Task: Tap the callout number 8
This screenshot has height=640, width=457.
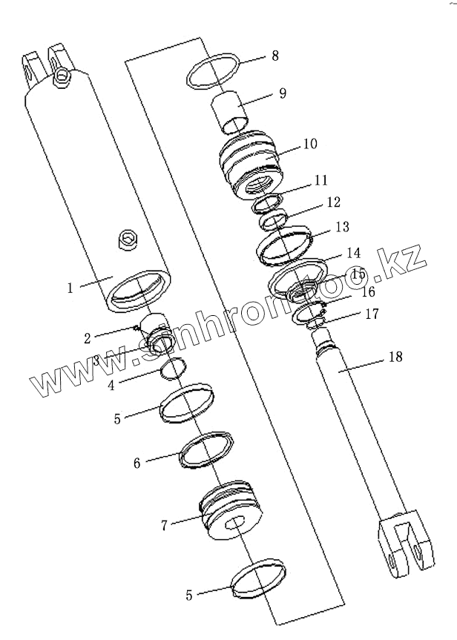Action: click(275, 56)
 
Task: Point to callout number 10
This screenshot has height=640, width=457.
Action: click(309, 144)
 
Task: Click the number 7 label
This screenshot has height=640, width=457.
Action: click(165, 525)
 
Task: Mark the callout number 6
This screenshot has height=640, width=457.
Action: click(137, 463)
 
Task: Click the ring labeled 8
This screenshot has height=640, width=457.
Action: click(213, 70)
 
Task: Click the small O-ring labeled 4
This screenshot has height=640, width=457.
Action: click(176, 367)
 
